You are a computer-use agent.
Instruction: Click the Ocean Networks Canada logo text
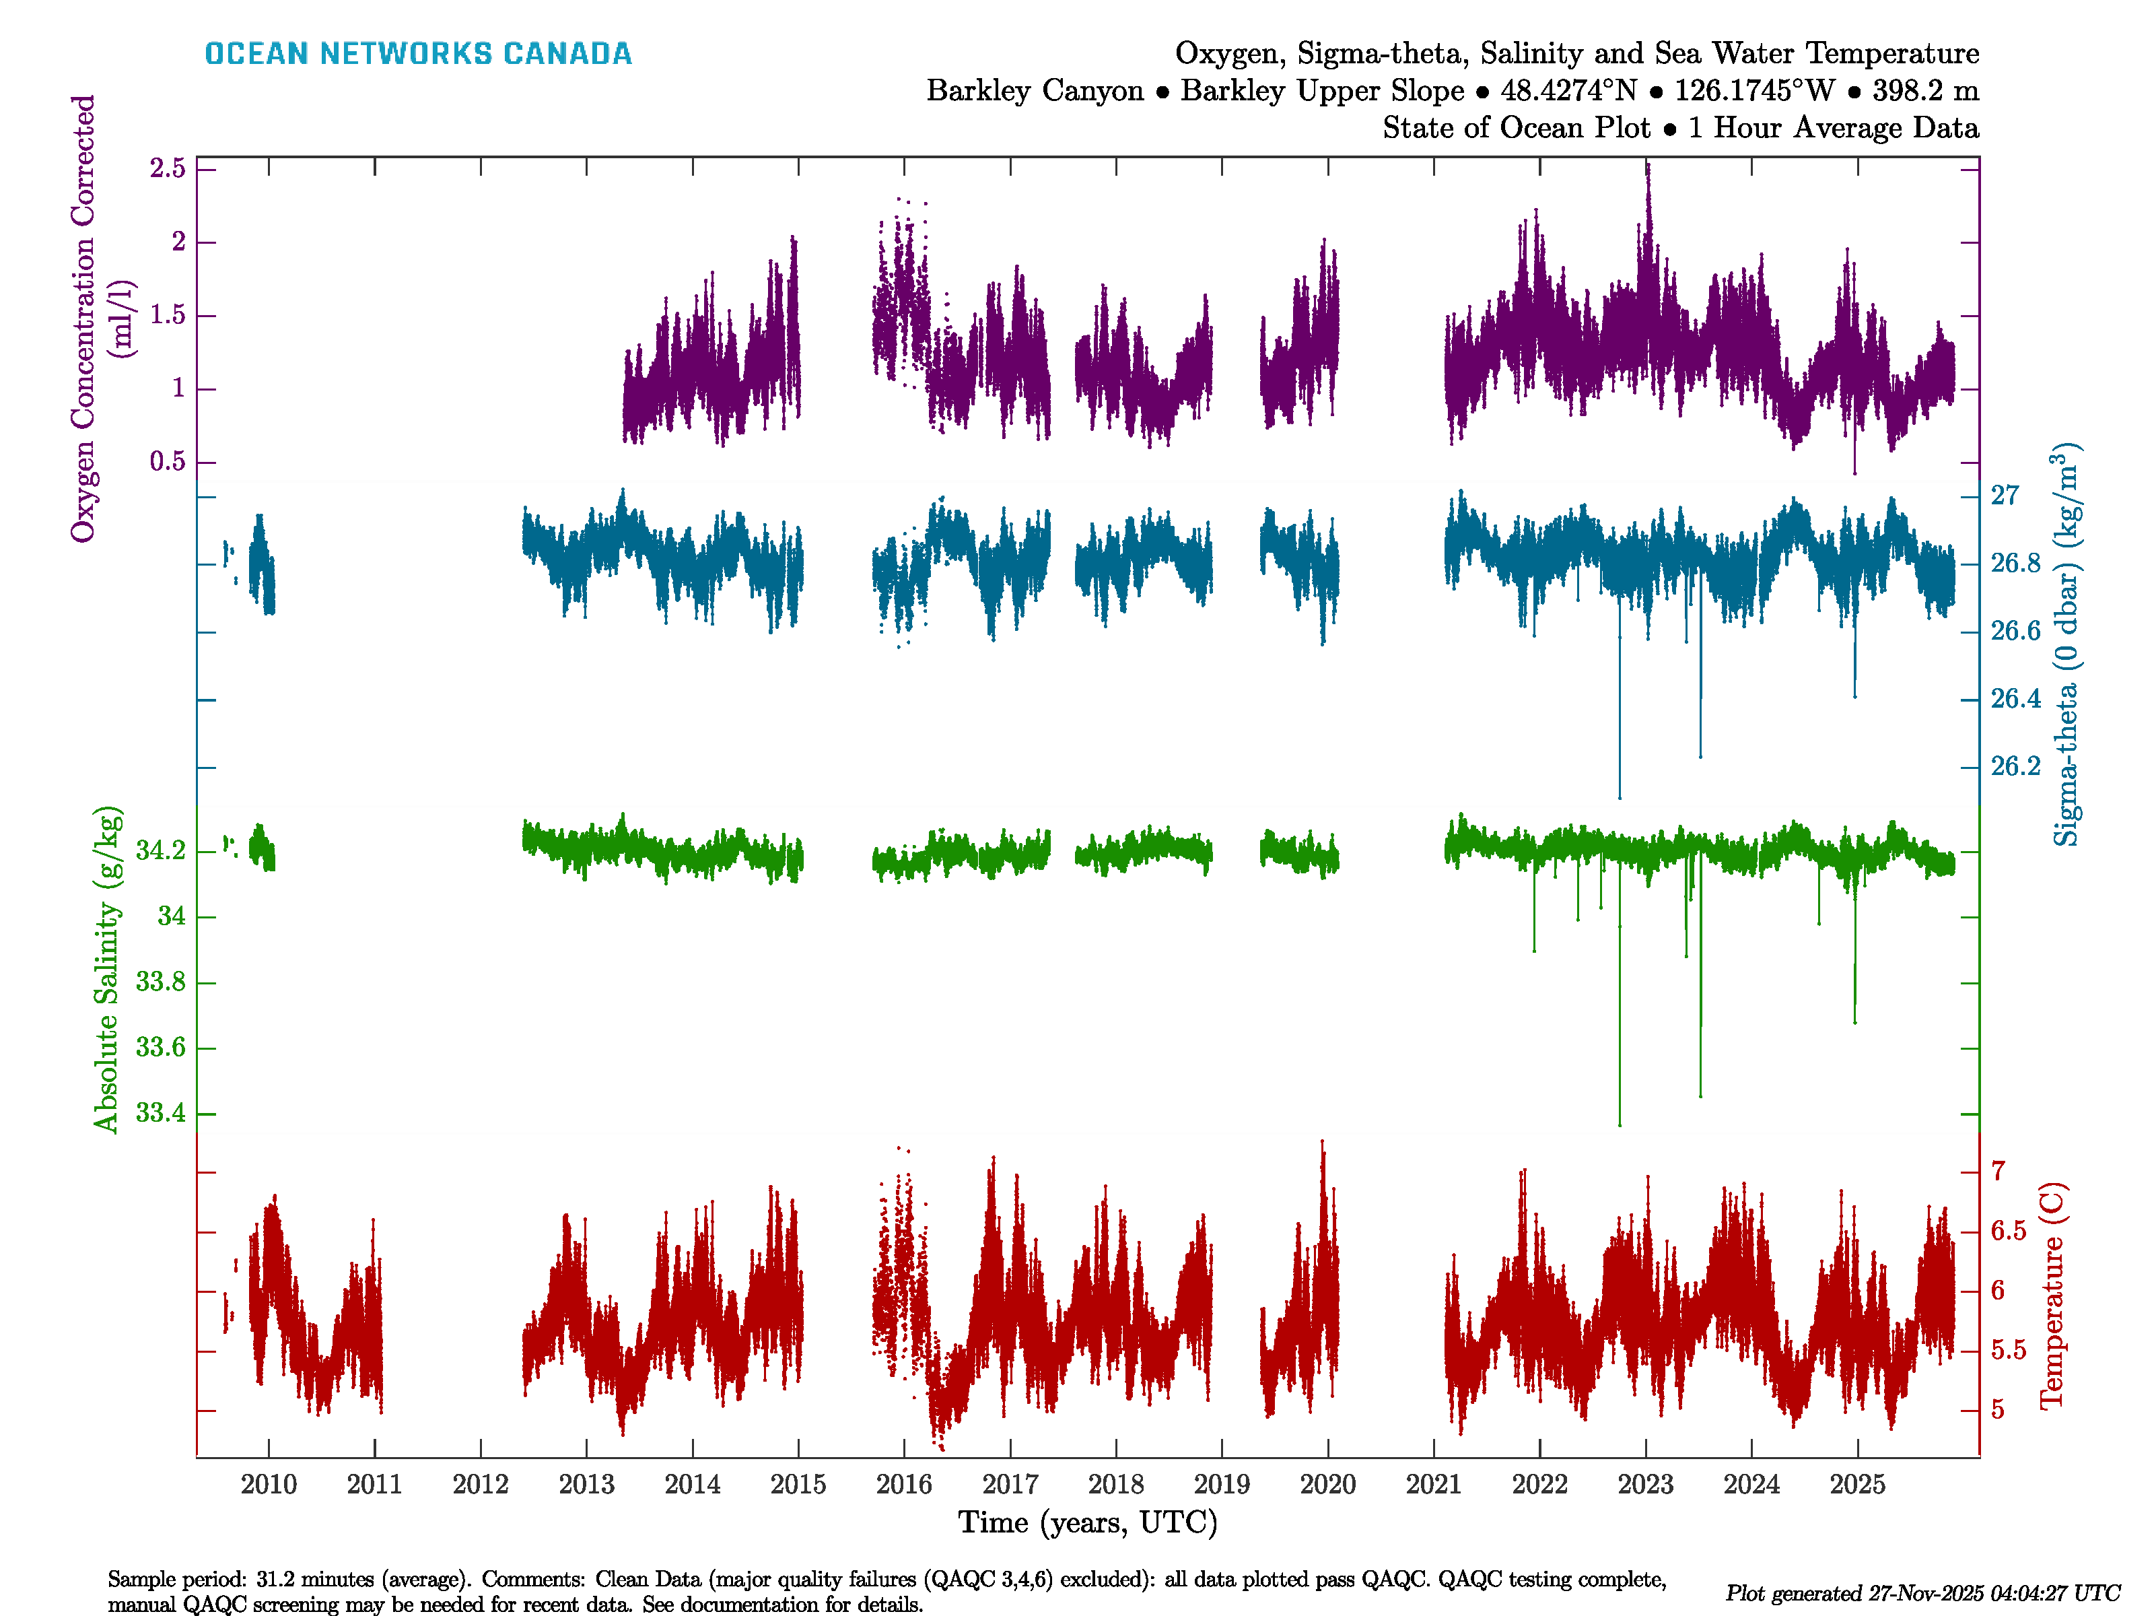coord(418,54)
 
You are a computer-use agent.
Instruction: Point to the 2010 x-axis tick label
coord(269,1485)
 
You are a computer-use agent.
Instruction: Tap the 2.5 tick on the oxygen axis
coord(168,168)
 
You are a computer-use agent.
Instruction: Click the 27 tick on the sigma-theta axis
coord(2004,496)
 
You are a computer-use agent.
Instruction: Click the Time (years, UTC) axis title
coord(1088,1522)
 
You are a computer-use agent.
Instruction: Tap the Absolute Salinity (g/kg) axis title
coord(107,969)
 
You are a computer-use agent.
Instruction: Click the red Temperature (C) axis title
coord(2051,1295)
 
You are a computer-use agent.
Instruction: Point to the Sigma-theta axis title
coord(2066,645)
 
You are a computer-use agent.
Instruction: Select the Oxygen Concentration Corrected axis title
coord(83,318)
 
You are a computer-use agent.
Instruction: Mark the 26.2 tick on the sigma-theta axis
coord(2015,767)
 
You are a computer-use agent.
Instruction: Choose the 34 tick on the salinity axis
coord(172,916)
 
